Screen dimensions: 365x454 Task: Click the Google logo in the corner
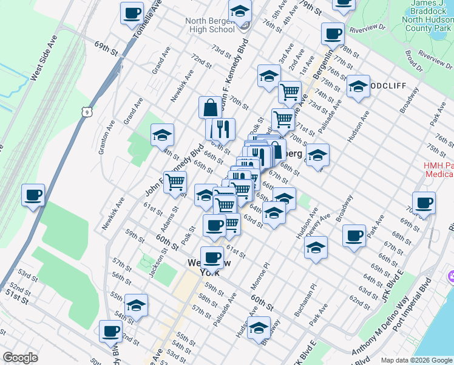click(x=20, y=358)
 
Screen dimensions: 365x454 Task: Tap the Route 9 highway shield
click(x=89, y=112)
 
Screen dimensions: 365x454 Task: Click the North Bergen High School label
click(x=209, y=24)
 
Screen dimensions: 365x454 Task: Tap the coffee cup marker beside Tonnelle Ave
click(x=132, y=13)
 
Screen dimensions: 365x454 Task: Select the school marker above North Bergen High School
click(x=240, y=10)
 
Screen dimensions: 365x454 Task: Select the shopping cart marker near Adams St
click(x=175, y=181)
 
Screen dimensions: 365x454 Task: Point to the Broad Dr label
click(x=414, y=61)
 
